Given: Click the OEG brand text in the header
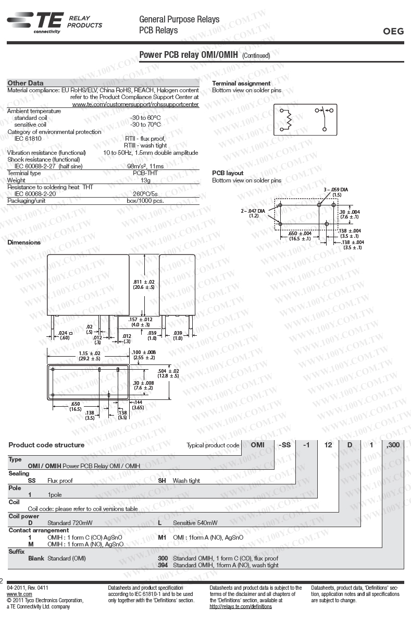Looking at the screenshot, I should click(393, 31).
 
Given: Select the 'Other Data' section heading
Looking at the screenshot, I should click(26, 83).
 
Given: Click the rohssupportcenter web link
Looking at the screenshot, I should click(135, 104).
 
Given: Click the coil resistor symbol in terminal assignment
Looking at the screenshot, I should click(287, 119).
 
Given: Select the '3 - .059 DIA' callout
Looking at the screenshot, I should click(336, 191).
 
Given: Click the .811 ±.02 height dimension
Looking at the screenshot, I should click(144, 284).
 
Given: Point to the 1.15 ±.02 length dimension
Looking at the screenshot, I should click(90, 356).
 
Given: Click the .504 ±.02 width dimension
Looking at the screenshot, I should click(168, 373).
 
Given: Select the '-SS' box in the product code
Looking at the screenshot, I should click(285, 445).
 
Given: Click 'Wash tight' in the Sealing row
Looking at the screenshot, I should click(186, 481).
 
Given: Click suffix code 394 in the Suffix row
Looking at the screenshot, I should click(163, 565).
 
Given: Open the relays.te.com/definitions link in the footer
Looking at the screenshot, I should click(241, 607).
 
